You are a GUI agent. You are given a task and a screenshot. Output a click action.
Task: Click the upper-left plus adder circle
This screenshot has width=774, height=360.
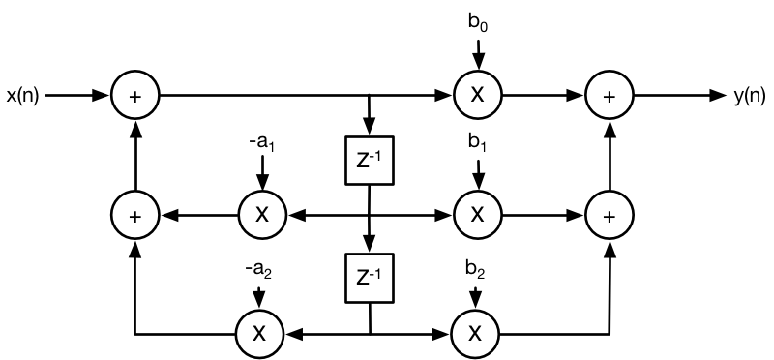pyautogui.click(x=135, y=96)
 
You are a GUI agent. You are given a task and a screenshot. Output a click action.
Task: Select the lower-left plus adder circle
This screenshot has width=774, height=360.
pyautogui.click(x=135, y=215)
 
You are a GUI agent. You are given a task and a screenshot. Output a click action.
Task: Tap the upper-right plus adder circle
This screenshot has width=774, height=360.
pyautogui.click(x=610, y=96)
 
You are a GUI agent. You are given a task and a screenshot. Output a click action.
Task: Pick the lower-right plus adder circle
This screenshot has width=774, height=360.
pyautogui.click(x=610, y=215)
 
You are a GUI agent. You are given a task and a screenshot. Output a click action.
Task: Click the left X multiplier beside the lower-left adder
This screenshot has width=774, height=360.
pyautogui.click(x=262, y=215)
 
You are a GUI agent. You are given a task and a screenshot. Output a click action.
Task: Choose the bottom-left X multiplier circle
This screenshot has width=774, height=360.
pyautogui.click(x=259, y=334)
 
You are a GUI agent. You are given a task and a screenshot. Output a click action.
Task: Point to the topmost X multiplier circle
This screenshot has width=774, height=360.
pyautogui.click(x=477, y=95)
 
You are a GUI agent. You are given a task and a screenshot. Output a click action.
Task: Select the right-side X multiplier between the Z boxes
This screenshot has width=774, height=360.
pyautogui.click(x=477, y=214)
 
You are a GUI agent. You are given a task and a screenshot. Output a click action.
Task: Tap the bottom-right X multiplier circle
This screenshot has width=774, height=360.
pyautogui.click(x=475, y=334)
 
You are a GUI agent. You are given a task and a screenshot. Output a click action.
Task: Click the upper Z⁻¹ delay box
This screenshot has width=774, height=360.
pyautogui.click(x=369, y=161)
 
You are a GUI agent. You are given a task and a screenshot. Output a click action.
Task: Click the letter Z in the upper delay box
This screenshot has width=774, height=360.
pyautogui.click(x=363, y=163)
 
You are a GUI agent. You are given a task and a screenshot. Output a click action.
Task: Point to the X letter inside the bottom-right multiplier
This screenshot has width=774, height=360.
pyautogui.click(x=475, y=334)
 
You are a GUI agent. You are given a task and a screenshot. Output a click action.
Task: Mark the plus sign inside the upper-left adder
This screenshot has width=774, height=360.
pyautogui.click(x=135, y=96)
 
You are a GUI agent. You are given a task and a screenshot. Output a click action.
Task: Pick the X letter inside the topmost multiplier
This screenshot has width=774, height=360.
pyautogui.click(x=477, y=95)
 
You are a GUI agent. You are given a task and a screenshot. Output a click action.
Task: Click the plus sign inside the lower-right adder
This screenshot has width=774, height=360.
pyautogui.click(x=610, y=215)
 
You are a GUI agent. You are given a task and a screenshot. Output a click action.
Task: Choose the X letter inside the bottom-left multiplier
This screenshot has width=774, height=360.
pyautogui.click(x=259, y=334)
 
